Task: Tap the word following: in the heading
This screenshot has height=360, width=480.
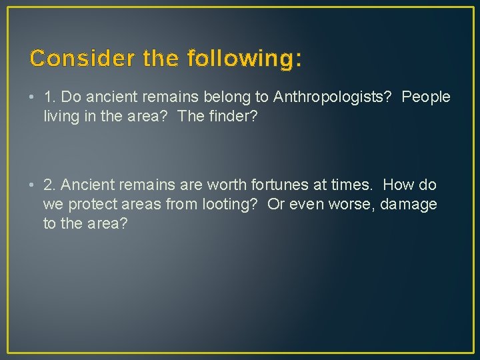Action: [x=245, y=59]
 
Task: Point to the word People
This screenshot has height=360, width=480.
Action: [x=426, y=97]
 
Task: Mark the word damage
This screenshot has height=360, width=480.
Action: [x=409, y=204]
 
